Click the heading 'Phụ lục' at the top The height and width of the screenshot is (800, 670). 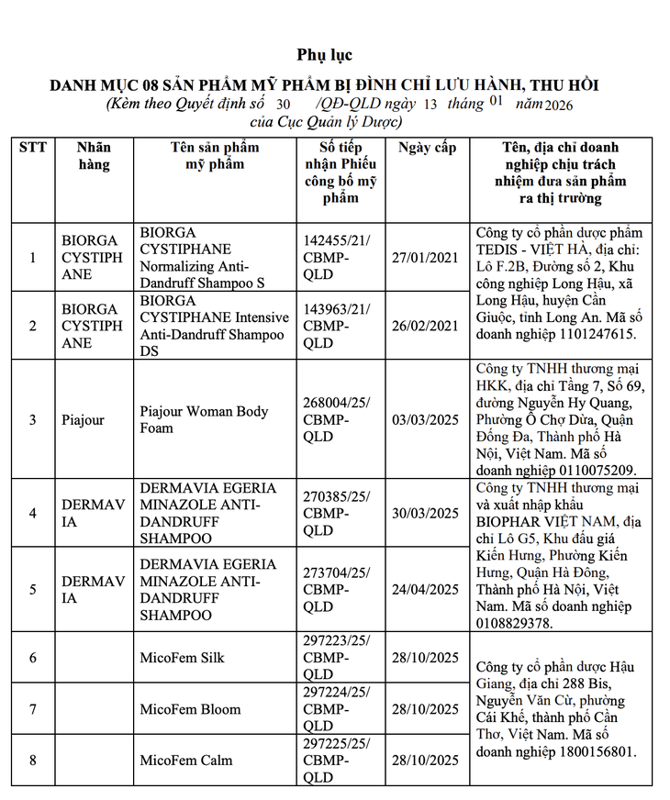pos(324,56)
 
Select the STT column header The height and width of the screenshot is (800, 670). pos(33,148)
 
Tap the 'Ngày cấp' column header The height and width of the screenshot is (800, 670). pos(427,148)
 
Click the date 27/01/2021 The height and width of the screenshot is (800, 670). pos(427,258)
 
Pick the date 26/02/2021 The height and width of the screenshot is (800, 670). pos(427,326)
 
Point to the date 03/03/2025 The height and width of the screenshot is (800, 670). pos(427,419)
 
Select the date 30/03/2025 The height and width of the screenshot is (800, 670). pos(427,513)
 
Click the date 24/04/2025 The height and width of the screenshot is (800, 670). pos(427,589)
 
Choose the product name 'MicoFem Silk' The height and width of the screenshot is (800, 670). pos(182,658)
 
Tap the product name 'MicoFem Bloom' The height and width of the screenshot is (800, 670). pos(190,709)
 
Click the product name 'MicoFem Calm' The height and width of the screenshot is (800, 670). pos(186,761)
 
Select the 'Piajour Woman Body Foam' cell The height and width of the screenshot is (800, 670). pos(204,419)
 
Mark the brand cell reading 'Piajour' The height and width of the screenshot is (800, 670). pos(83,420)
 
